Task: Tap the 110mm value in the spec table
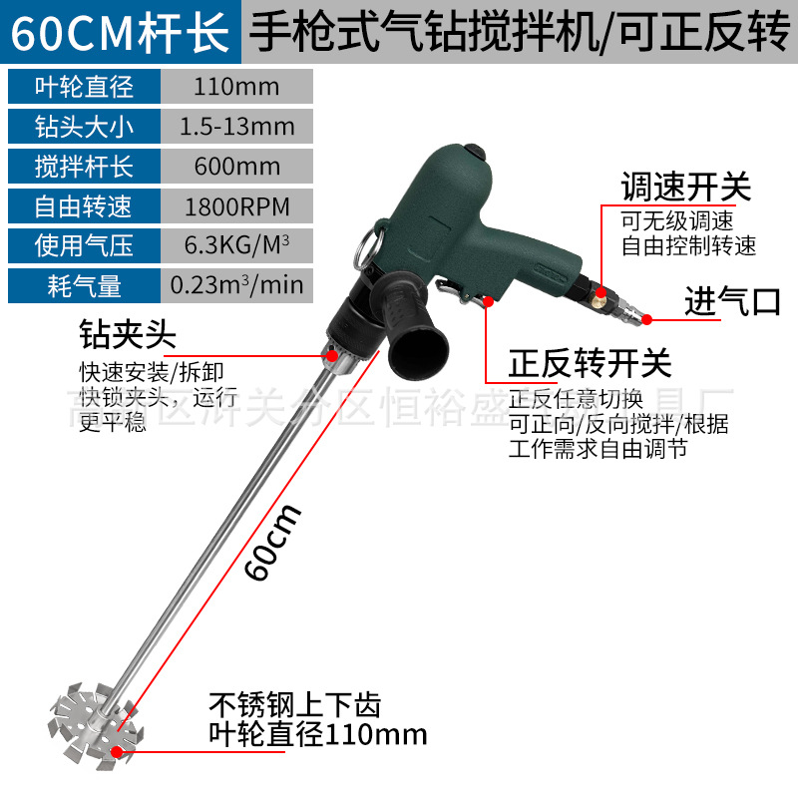236,87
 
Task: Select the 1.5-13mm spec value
236,127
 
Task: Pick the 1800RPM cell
236,207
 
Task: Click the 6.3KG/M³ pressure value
236,246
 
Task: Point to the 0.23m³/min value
236,286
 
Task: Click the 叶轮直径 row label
83,87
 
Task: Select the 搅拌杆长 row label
83,167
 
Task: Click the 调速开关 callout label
685,187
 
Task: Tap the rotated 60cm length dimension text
273,543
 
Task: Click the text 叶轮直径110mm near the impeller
317,735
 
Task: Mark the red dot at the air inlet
646,320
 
